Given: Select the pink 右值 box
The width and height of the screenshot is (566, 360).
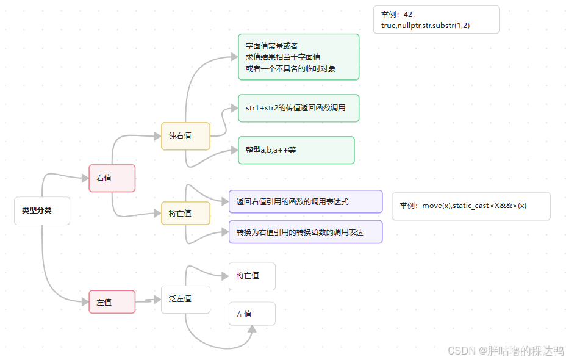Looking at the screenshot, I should tap(112, 178).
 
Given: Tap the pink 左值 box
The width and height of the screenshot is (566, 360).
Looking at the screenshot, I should tap(112, 302).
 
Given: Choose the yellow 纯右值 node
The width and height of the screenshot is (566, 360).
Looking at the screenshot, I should tap(185, 136).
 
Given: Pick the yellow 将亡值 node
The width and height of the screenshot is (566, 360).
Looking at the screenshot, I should tap(185, 214).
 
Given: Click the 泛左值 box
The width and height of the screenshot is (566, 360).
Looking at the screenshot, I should tap(185, 299).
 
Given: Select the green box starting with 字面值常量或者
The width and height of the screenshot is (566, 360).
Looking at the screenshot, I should tap(298, 57).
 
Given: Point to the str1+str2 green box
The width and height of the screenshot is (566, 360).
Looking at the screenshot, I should tap(298, 108).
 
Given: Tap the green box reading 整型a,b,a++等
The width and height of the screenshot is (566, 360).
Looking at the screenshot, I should tap(296, 150).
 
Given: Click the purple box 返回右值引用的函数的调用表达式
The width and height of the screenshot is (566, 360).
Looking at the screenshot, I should tap(306, 201).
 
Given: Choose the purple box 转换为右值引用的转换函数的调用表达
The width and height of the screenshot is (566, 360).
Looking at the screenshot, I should tap(306, 232).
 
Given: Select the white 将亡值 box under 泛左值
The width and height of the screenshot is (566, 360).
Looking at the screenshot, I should tap(252, 276).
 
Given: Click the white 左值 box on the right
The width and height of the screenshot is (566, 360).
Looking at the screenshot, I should tap(252, 314).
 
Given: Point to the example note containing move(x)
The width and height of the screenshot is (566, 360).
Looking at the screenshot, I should tap(471, 206).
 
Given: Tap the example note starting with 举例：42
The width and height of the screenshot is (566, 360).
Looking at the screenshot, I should tap(436, 20).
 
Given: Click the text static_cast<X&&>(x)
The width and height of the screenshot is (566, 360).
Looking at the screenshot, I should tap(489, 206).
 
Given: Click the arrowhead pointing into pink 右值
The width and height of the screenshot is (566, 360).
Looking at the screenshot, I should tap(85, 178).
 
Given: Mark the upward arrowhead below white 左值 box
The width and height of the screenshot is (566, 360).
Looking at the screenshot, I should tap(251, 329).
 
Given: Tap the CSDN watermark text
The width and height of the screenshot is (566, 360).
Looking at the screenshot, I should tap(506, 351).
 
